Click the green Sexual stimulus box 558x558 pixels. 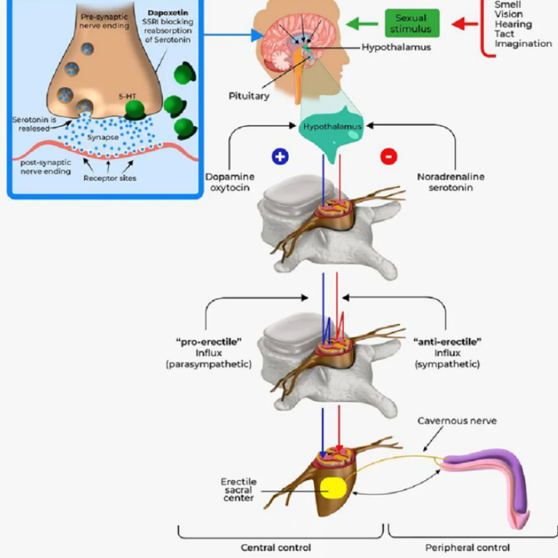coord(412,23)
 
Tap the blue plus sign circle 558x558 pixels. coord(280,156)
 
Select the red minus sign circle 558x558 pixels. coord(389,156)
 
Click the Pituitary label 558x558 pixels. coord(249,96)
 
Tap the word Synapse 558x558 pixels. coord(102,138)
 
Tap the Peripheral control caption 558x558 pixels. coord(467,548)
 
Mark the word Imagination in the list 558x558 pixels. coord(523,44)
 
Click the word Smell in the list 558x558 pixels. coord(508,4)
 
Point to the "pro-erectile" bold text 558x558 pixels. coord(208,342)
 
